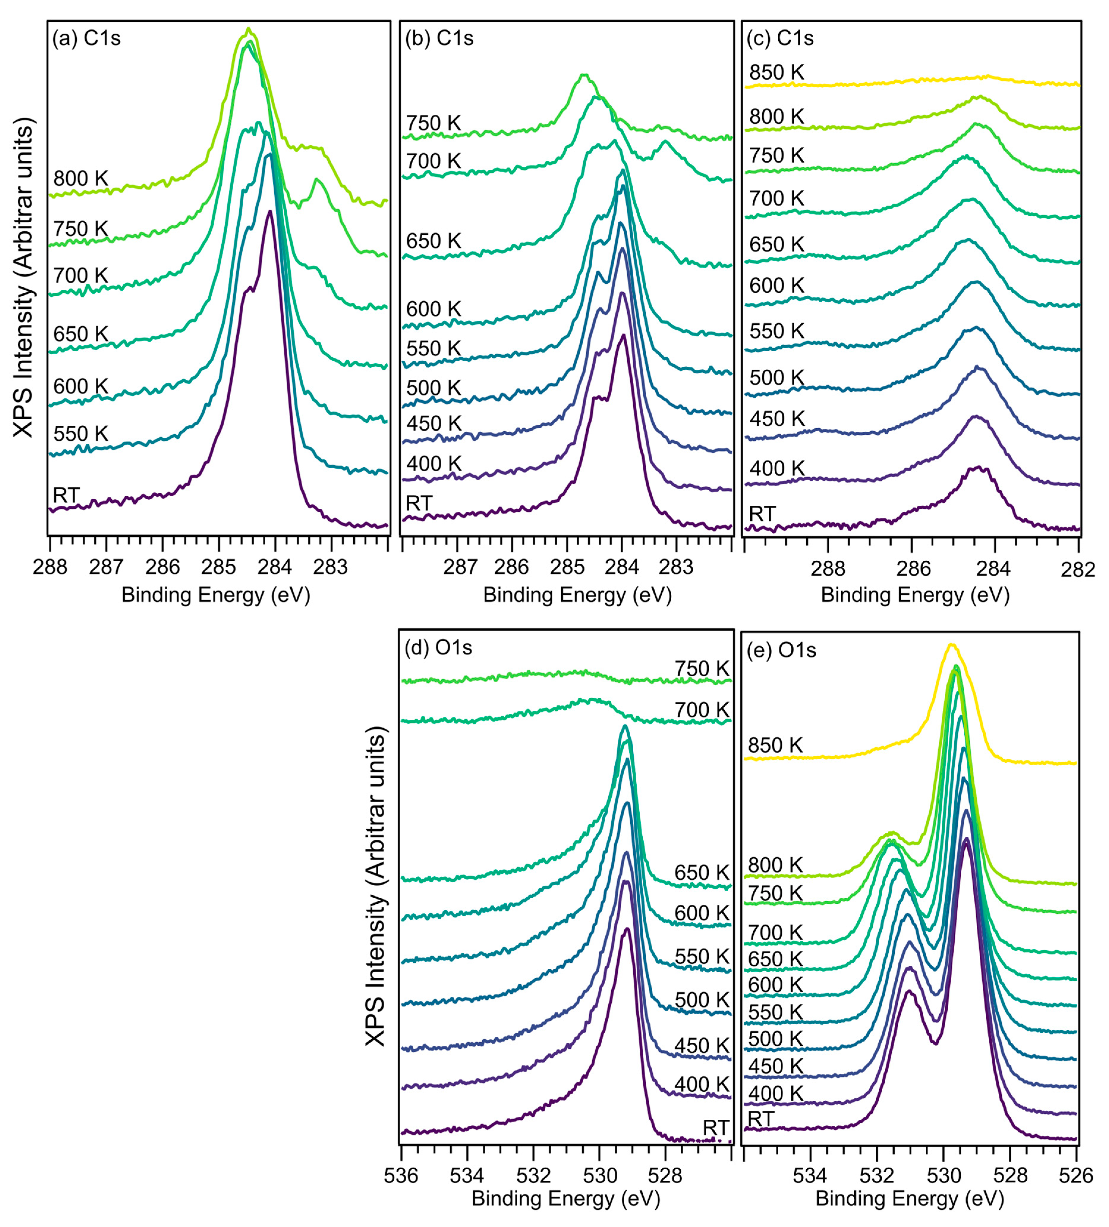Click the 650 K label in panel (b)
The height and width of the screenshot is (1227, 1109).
pos(433,241)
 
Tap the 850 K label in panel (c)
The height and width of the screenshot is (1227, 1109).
pos(777,73)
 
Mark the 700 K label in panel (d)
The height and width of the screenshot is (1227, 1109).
pos(701,710)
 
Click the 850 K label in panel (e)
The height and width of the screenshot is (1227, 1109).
pos(775,745)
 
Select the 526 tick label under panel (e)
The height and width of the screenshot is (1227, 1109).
pos(1077,1175)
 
